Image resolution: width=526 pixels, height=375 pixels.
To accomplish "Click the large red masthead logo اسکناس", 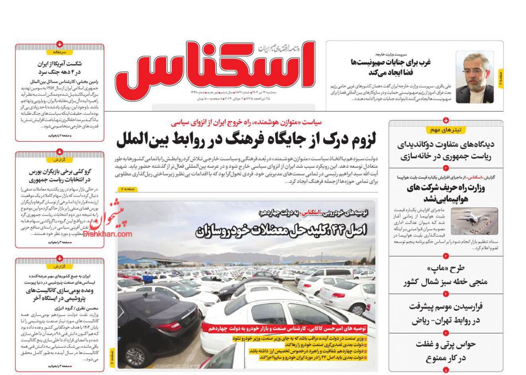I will (x=215, y=65).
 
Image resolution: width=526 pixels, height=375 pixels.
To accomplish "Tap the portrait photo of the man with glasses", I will (x=475, y=77).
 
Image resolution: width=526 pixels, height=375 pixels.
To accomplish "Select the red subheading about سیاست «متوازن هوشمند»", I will (x=246, y=122).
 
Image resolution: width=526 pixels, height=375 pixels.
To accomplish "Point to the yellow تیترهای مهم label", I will (x=446, y=130).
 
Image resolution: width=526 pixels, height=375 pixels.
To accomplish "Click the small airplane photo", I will (x=474, y=222).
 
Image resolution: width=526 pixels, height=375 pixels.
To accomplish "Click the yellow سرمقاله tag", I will (x=60, y=52).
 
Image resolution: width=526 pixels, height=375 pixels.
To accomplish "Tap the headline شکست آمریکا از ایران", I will (x=60, y=68).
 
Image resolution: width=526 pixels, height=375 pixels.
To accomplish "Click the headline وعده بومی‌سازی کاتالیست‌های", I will (x=60, y=294).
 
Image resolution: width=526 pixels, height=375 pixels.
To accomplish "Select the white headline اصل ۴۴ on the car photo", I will (x=281, y=230).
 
